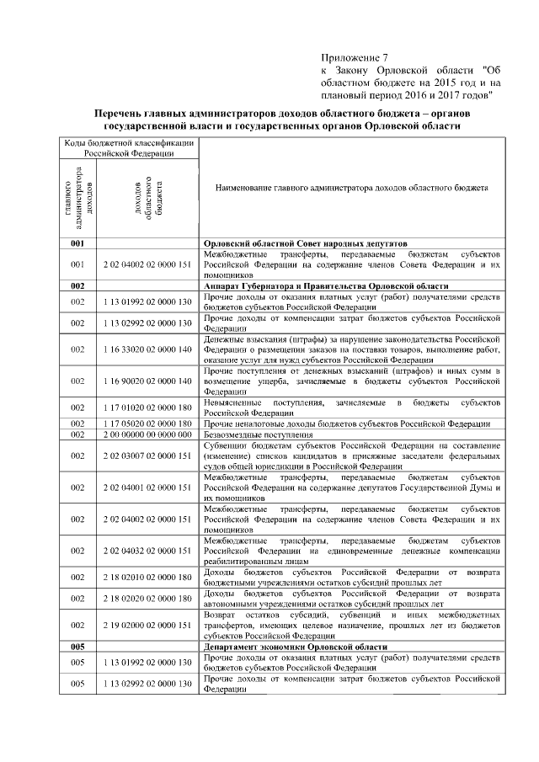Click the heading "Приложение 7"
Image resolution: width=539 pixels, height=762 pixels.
(x=355, y=56)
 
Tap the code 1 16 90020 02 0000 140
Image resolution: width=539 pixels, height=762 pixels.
(x=147, y=381)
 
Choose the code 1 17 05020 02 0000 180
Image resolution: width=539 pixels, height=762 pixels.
(x=147, y=424)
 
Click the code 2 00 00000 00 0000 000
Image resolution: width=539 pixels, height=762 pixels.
(x=147, y=434)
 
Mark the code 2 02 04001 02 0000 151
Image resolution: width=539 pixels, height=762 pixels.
(x=147, y=488)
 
